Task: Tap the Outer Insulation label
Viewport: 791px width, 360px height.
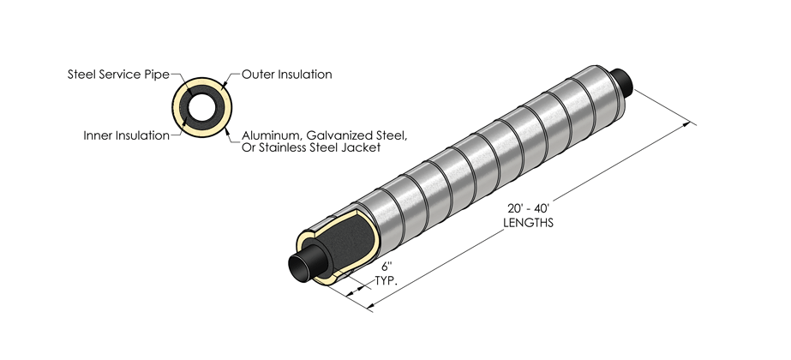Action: tap(286, 75)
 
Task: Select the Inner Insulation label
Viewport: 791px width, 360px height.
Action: tap(126, 135)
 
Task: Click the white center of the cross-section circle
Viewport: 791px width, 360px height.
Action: tap(203, 106)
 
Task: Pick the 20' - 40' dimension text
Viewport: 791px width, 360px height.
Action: tap(527, 209)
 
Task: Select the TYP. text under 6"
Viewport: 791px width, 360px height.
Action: tap(391, 279)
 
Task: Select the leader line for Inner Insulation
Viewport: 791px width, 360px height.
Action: tap(178, 134)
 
